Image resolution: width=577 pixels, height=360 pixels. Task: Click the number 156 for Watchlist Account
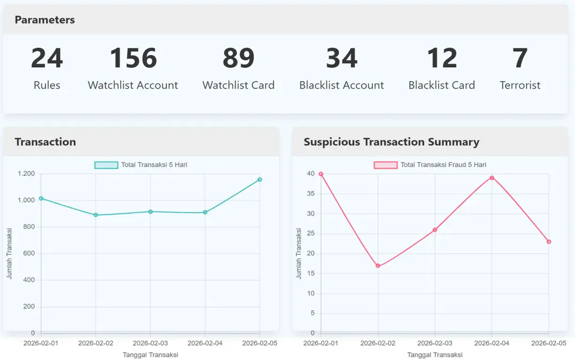[133, 58]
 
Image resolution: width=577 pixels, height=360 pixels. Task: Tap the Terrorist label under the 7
[520, 85]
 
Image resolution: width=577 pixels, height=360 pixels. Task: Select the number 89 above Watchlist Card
[238, 58]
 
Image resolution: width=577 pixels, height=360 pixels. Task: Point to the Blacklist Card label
[442, 85]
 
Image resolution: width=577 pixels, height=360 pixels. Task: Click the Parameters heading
[45, 20]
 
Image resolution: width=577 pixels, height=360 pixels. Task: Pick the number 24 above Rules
[47, 58]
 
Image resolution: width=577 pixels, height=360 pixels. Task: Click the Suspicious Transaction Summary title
[391, 142]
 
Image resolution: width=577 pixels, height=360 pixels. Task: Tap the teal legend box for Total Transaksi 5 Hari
[106, 165]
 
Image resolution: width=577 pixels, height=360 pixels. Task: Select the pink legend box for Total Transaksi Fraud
[386, 165]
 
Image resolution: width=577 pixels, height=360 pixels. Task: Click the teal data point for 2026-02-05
[260, 180]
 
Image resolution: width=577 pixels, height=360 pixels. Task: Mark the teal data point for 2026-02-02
[96, 215]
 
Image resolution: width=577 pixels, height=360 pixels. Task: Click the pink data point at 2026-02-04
[492, 178]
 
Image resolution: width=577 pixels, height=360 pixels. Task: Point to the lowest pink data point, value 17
[378, 266]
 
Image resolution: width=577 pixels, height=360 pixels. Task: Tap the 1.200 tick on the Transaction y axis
[26, 174]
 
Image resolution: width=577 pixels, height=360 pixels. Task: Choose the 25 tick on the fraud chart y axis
[310, 234]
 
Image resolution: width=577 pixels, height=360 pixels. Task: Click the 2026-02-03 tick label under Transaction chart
[150, 343]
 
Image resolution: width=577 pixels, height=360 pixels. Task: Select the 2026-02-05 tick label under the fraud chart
[549, 343]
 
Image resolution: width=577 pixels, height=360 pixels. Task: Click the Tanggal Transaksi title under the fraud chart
[435, 355]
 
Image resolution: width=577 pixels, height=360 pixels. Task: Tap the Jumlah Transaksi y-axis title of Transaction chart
[10, 254]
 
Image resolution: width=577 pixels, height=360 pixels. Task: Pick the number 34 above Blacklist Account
[342, 58]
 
